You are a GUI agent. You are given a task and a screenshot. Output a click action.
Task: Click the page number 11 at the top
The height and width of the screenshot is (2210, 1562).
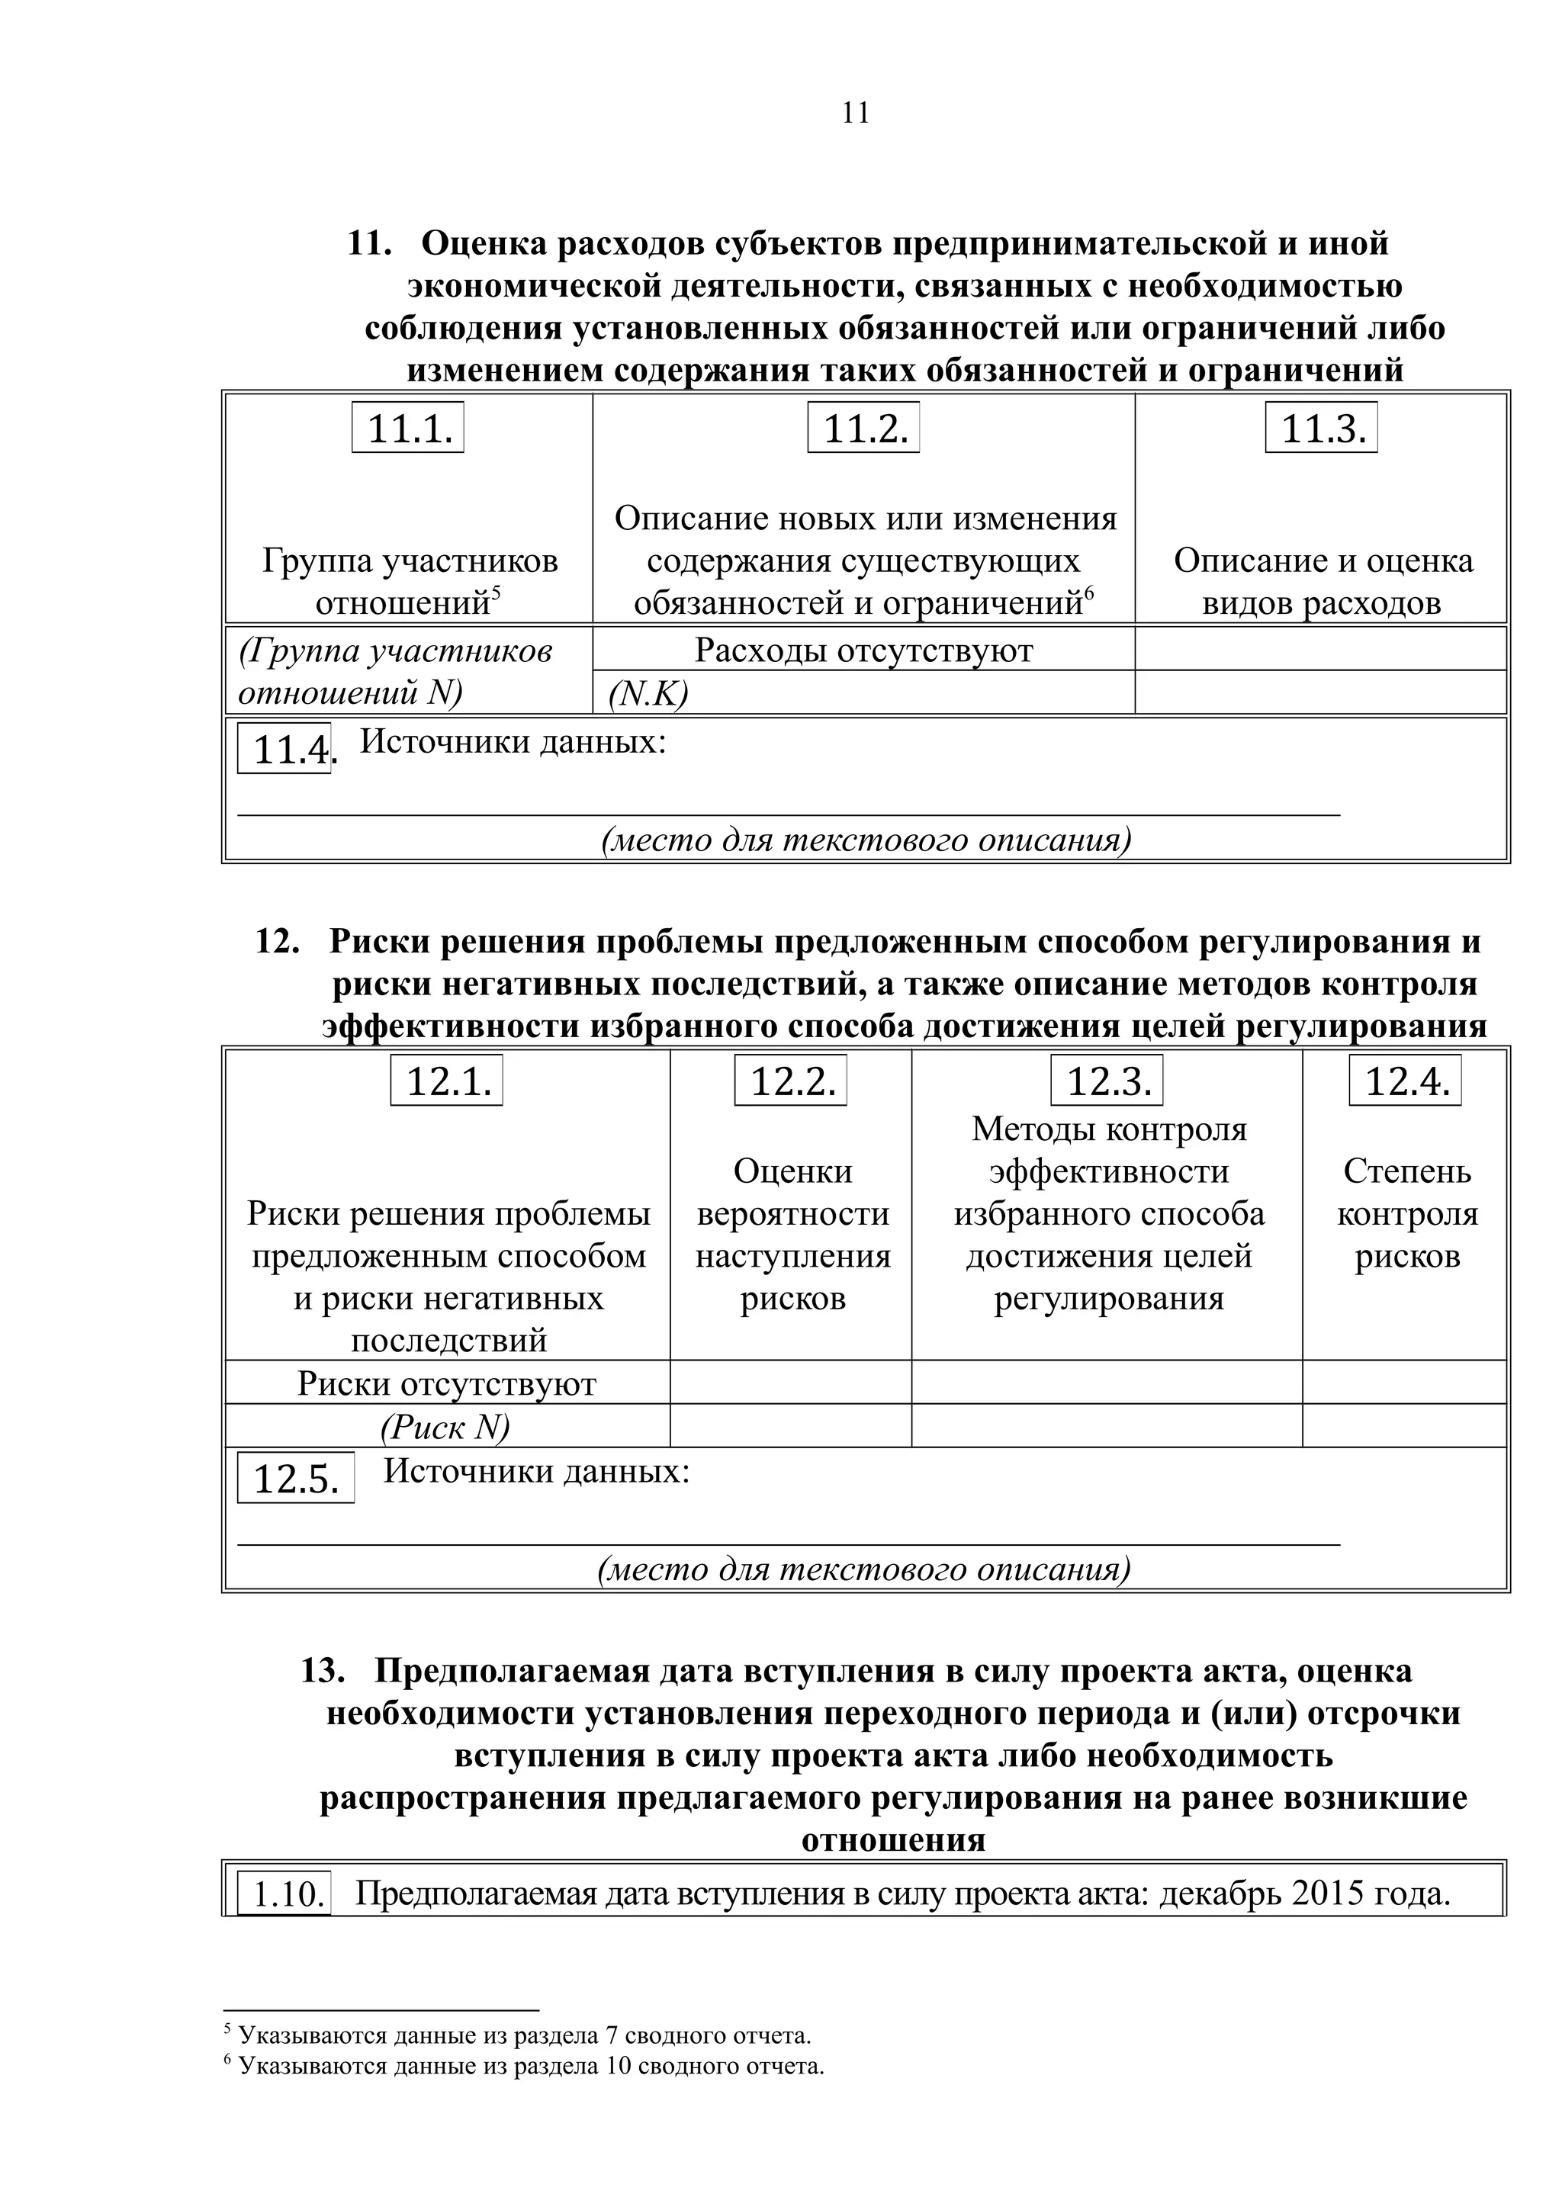coord(855,114)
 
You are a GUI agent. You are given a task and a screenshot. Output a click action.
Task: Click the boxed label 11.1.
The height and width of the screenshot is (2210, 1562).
coord(408,429)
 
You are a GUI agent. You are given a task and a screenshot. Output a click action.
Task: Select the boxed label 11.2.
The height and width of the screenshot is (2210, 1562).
coord(864,429)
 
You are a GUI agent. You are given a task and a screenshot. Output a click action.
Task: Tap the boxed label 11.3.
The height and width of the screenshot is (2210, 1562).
coord(1322,429)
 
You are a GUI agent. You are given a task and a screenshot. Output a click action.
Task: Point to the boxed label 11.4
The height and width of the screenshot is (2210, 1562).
coord(286,749)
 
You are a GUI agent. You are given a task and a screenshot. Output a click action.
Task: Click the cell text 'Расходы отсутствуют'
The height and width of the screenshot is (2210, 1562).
coord(863,650)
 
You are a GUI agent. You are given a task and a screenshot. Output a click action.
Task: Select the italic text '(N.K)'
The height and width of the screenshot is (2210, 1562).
coord(648,694)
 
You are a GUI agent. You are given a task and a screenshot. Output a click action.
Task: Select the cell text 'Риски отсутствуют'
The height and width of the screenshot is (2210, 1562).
coord(447,1384)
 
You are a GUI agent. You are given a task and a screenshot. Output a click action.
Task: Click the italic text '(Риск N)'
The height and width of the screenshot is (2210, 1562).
coord(445,1427)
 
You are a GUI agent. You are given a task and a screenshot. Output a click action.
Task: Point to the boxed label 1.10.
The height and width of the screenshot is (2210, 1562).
coord(285,1894)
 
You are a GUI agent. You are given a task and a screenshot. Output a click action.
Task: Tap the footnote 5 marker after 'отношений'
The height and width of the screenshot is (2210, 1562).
coord(496,592)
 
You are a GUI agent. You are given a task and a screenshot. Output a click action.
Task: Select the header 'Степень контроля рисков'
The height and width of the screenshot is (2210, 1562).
coord(1406,1214)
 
